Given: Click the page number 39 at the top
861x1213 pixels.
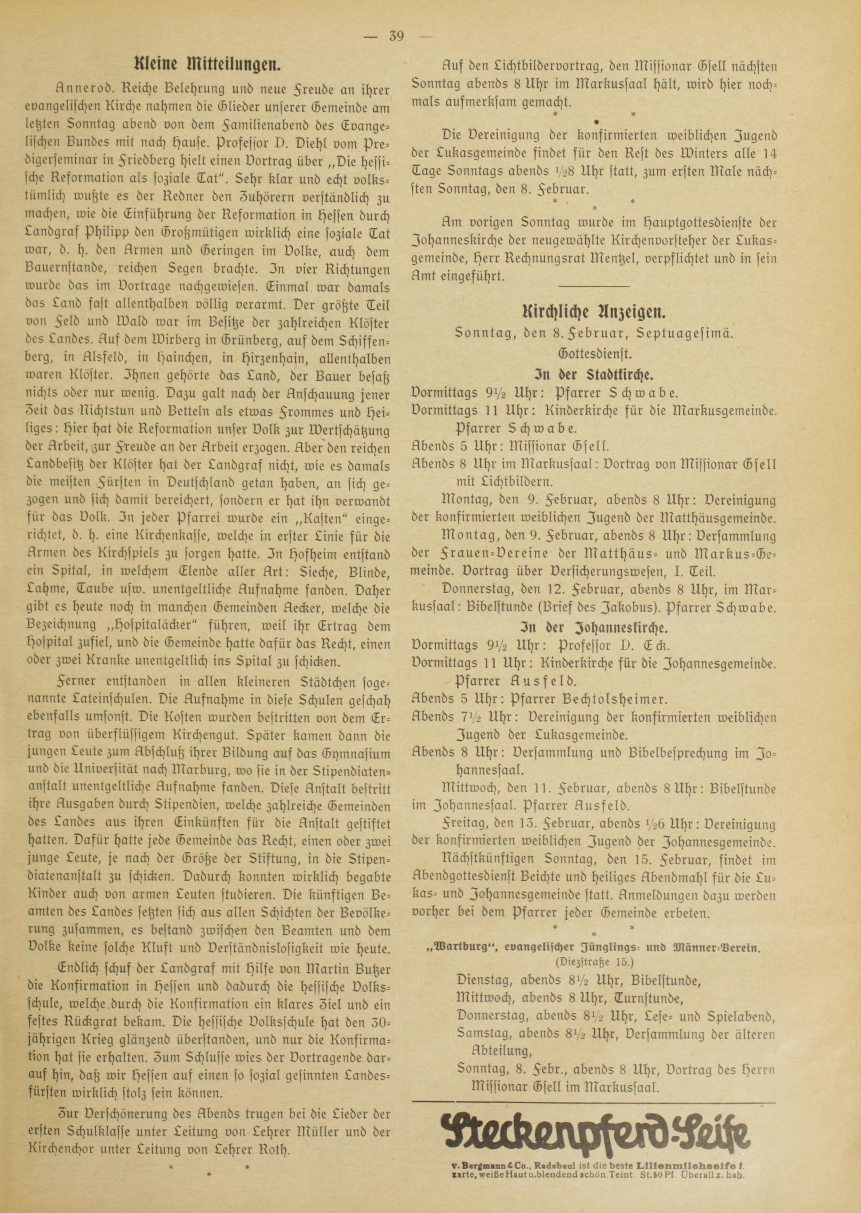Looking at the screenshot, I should (x=396, y=37).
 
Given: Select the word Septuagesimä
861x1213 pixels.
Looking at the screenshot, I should (x=694, y=333).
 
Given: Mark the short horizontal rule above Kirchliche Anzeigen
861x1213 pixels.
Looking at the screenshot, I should (x=593, y=286).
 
